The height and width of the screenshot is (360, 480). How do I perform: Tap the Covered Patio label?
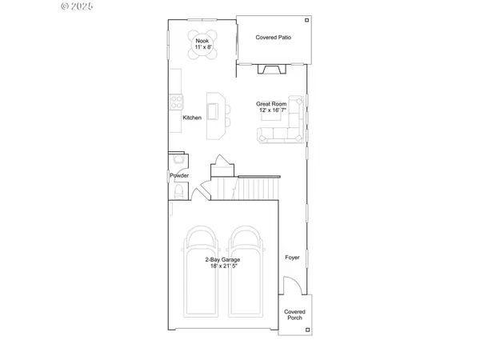[273, 37]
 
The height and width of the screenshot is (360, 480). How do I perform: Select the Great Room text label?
[272, 104]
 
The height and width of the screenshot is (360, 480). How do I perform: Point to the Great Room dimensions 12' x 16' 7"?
[272, 111]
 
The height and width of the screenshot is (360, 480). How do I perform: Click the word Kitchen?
[192, 118]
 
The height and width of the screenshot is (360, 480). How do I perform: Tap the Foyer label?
[293, 258]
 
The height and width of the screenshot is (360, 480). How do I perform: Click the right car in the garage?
[245, 272]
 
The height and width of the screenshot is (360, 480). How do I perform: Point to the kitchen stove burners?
[175, 101]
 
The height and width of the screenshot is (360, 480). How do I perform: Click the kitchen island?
[214, 117]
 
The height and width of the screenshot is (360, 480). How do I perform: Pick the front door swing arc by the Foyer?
[294, 285]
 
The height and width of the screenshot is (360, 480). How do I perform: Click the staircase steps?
[240, 189]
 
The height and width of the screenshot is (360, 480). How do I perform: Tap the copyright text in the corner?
[78, 6]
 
